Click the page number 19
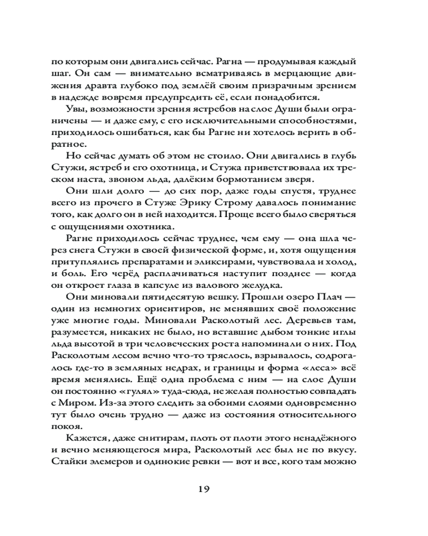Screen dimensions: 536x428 (213, 488)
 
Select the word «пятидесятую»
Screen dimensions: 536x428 (177, 297)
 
